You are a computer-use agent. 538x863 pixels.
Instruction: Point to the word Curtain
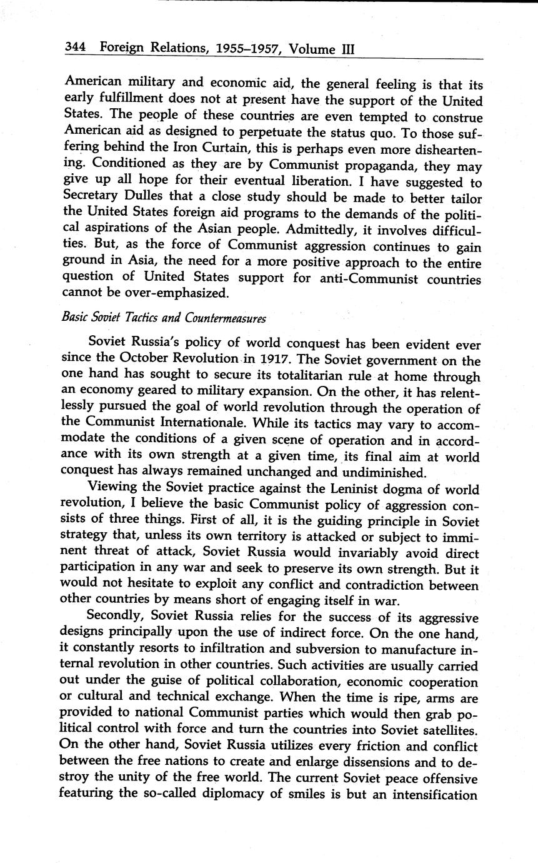pyautogui.click(x=223, y=149)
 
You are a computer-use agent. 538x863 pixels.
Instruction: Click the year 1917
pyautogui.click(x=276, y=361)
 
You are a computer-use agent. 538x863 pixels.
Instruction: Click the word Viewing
pyautogui.click(x=113, y=488)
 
